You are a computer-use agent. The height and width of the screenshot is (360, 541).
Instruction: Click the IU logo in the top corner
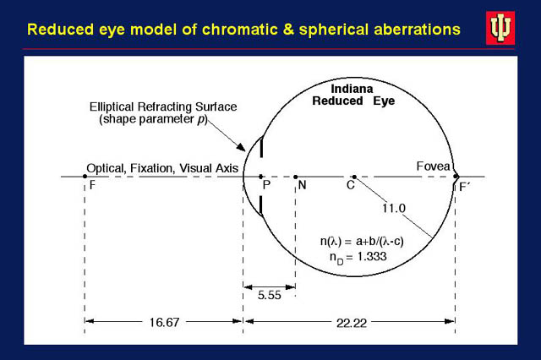pyautogui.click(x=500, y=28)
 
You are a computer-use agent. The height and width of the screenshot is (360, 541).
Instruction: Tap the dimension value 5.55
pyautogui.click(x=270, y=295)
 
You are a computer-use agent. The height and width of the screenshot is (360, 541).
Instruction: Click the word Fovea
pyautogui.click(x=434, y=167)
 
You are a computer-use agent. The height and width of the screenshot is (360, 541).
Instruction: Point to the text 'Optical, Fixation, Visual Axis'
pyautogui.click(x=162, y=168)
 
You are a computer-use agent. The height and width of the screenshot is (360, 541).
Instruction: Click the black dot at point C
pyautogui.click(x=354, y=177)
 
